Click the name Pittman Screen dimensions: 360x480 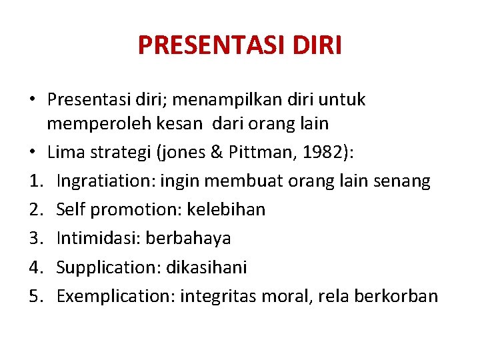pos(270,153)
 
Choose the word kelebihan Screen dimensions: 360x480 pos(227,209)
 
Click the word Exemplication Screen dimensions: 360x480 pos(113,296)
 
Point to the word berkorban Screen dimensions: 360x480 pos(402,296)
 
